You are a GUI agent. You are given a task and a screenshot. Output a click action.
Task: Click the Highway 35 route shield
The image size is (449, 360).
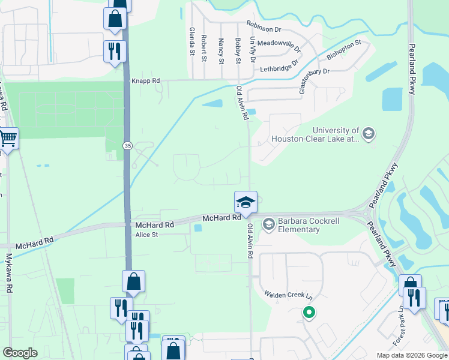tap(127, 145)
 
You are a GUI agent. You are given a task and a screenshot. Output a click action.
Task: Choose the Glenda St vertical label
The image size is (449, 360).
tap(193, 41)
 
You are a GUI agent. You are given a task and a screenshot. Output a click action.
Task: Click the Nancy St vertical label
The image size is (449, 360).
tap(221, 51)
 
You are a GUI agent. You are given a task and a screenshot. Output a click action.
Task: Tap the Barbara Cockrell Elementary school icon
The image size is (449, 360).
tap(268, 224)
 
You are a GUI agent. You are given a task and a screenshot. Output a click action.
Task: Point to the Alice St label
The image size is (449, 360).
tap(146, 235)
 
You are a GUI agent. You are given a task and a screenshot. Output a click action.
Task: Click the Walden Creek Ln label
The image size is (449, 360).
tap(289, 295)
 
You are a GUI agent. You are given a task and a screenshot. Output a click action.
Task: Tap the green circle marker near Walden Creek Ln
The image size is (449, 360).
tap(309, 313)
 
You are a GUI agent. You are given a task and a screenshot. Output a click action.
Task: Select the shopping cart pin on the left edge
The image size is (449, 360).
tap(8, 139)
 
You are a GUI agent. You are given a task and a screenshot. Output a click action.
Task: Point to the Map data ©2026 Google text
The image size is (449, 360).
tap(411, 355)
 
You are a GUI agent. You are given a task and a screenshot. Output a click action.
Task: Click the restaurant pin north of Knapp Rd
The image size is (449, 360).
tap(113, 50)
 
